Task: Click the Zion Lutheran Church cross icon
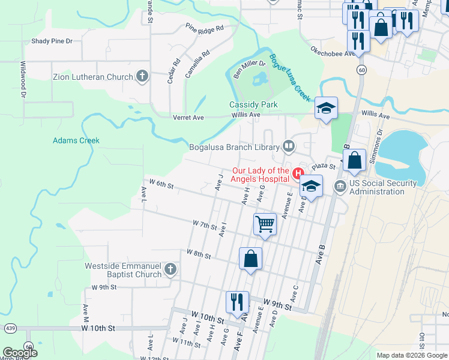click(x=142, y=76)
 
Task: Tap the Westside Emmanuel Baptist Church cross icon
click(x=170, y=269)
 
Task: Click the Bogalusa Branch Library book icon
click(x=289, y=146)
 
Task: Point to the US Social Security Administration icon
click(x=340, y=187)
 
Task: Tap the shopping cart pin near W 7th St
click(x=265, y=225)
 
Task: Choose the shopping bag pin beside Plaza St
click(x=355, y=161)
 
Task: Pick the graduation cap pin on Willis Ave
click(x=326, y=108)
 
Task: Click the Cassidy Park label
click(x=254, y=104)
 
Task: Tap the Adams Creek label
click(x=76, y=140)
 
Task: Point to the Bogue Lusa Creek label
click(x=289, y=78)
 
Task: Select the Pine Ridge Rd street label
click(x=204, y=28)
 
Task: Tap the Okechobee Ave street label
click(x=334, y=54)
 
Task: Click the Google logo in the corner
click(x=20, y=353)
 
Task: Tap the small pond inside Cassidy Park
click(x=261, y=79)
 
